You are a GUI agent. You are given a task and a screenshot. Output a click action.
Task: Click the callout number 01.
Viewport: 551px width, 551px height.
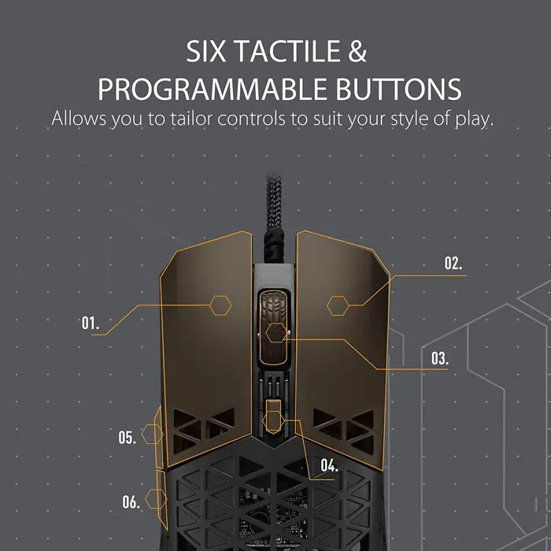coord(91,323)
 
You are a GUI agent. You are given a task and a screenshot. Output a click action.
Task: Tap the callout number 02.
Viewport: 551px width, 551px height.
coord(453,263)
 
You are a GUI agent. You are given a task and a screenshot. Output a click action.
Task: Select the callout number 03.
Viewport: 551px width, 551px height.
coord(440,358)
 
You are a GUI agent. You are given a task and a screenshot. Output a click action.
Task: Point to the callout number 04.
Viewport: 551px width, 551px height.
coord(329,466)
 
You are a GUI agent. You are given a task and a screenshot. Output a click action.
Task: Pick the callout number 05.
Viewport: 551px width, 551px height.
coord(127,438)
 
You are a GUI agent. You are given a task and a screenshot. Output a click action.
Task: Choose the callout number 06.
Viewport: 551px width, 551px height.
coord(131,502)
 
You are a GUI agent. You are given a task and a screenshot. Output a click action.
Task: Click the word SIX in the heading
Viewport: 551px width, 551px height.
coord(205,51)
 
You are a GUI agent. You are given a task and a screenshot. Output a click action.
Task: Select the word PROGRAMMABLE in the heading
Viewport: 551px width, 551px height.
coord(213,89)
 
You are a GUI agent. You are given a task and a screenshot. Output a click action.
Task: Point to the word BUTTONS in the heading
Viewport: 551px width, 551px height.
coord(398,89)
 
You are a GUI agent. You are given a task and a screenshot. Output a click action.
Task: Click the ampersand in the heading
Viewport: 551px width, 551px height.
coord(357,51)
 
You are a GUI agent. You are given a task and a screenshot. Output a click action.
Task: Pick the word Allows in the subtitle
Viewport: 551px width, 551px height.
coord(79,118)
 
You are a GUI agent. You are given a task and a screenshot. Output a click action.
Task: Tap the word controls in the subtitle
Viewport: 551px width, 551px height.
coord(251,118)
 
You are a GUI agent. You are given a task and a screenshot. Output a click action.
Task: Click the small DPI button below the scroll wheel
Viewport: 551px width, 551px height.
coord(273,416)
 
